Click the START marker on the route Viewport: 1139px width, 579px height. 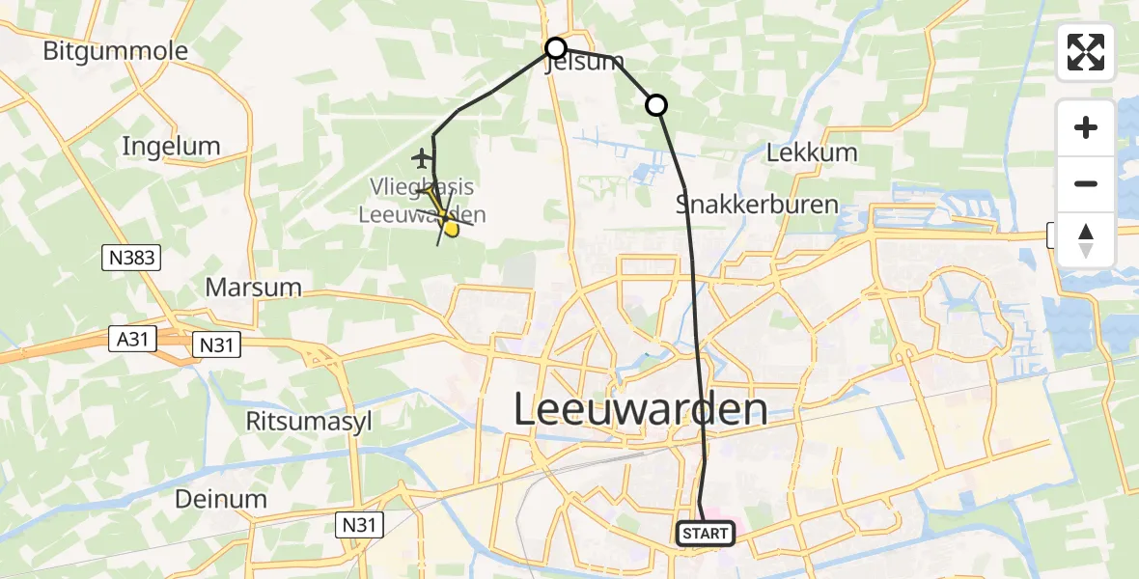(x=705, y=533)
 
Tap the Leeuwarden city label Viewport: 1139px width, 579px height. (x=640, y=409)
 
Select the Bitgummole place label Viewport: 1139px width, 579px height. (x=115, y=50)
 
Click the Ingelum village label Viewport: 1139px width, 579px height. (x=172, y=146)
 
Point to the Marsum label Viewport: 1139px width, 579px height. (x=253, y=287)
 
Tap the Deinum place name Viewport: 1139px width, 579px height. (x=221, y=498)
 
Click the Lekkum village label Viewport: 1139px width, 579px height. (x=811, y=152)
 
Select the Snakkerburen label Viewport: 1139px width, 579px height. (x=757, y=204)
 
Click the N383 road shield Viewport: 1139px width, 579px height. (x=132, y=258)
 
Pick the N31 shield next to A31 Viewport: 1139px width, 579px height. (x=217, y=345)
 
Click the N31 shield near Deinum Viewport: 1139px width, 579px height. (x=360, y=525)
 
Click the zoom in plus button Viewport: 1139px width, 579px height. (x=1086, y=127)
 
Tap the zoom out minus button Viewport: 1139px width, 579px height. (x=1086, y=183)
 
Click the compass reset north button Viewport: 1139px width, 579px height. (x=1086, y=240)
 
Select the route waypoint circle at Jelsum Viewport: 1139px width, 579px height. (x=555, y=48)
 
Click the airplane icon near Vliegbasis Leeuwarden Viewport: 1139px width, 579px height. (x=421, y=156)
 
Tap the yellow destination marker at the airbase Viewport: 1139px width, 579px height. (x=450, y=227)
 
